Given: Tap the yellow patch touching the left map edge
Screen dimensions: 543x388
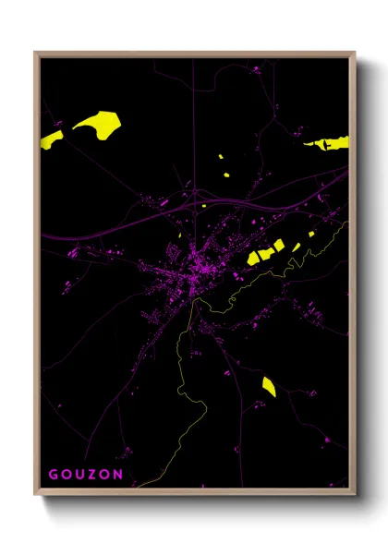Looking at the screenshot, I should (50, 139).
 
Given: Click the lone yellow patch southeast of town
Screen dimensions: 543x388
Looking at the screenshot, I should (268, 386).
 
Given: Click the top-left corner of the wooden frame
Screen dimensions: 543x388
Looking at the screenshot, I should (35, 53).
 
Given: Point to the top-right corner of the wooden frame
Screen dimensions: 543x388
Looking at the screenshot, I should (355, 53).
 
